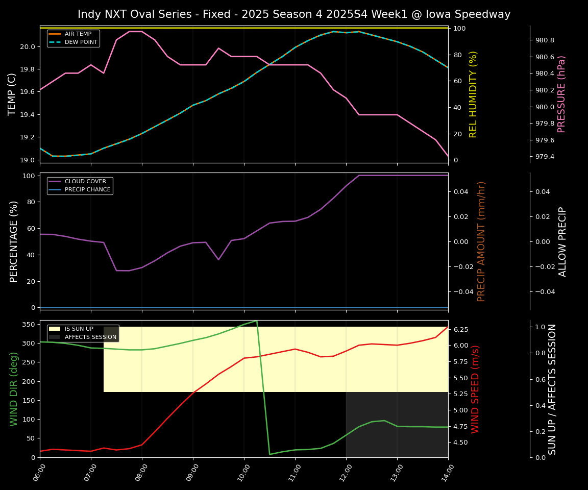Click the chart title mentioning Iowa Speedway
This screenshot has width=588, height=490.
(x=294, y=14)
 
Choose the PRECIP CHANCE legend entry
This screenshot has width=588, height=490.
(x=87, y=190)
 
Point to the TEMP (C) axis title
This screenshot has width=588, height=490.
(x=12, y=94)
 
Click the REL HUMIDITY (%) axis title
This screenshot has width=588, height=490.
(x=474, y=94)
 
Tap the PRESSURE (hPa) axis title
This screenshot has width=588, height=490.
(x=561, y=94)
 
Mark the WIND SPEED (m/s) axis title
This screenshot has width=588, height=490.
(x=476, y=389)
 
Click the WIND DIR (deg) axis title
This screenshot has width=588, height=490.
(x=14, y=389)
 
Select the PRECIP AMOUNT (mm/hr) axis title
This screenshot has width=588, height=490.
(x=481, y=241)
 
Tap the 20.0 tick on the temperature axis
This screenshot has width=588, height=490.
(x=28, y=47)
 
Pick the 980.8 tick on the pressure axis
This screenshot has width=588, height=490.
(x=544, y=40)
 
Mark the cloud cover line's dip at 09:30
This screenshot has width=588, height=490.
(x=218, y=259)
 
